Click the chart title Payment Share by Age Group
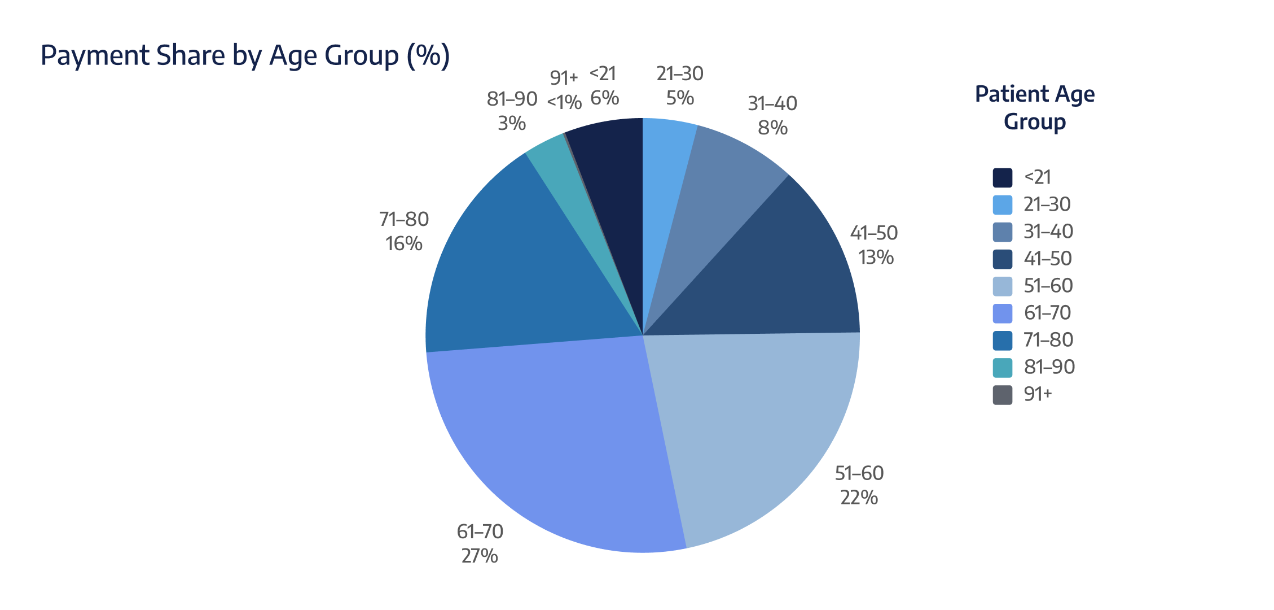(245, 56)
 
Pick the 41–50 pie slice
(779, 271)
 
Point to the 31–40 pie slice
(717, 186)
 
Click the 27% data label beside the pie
(480, 556)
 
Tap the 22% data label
(859, 498)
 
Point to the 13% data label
(876, 258)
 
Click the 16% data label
(404, 244)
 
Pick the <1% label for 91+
(564, 102)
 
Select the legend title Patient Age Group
(1035, 107)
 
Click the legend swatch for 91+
(1003, 395)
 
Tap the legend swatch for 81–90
(1003, 368)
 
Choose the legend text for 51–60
(1048, 286)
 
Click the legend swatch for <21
(1003, 177)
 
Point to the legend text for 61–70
(1047, 313)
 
